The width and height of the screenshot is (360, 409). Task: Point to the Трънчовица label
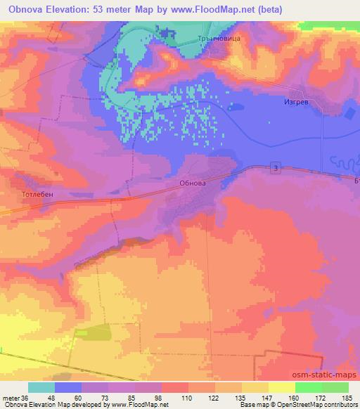[x=222, y=39]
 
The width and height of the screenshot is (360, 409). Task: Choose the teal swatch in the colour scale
[x=41, y=387]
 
